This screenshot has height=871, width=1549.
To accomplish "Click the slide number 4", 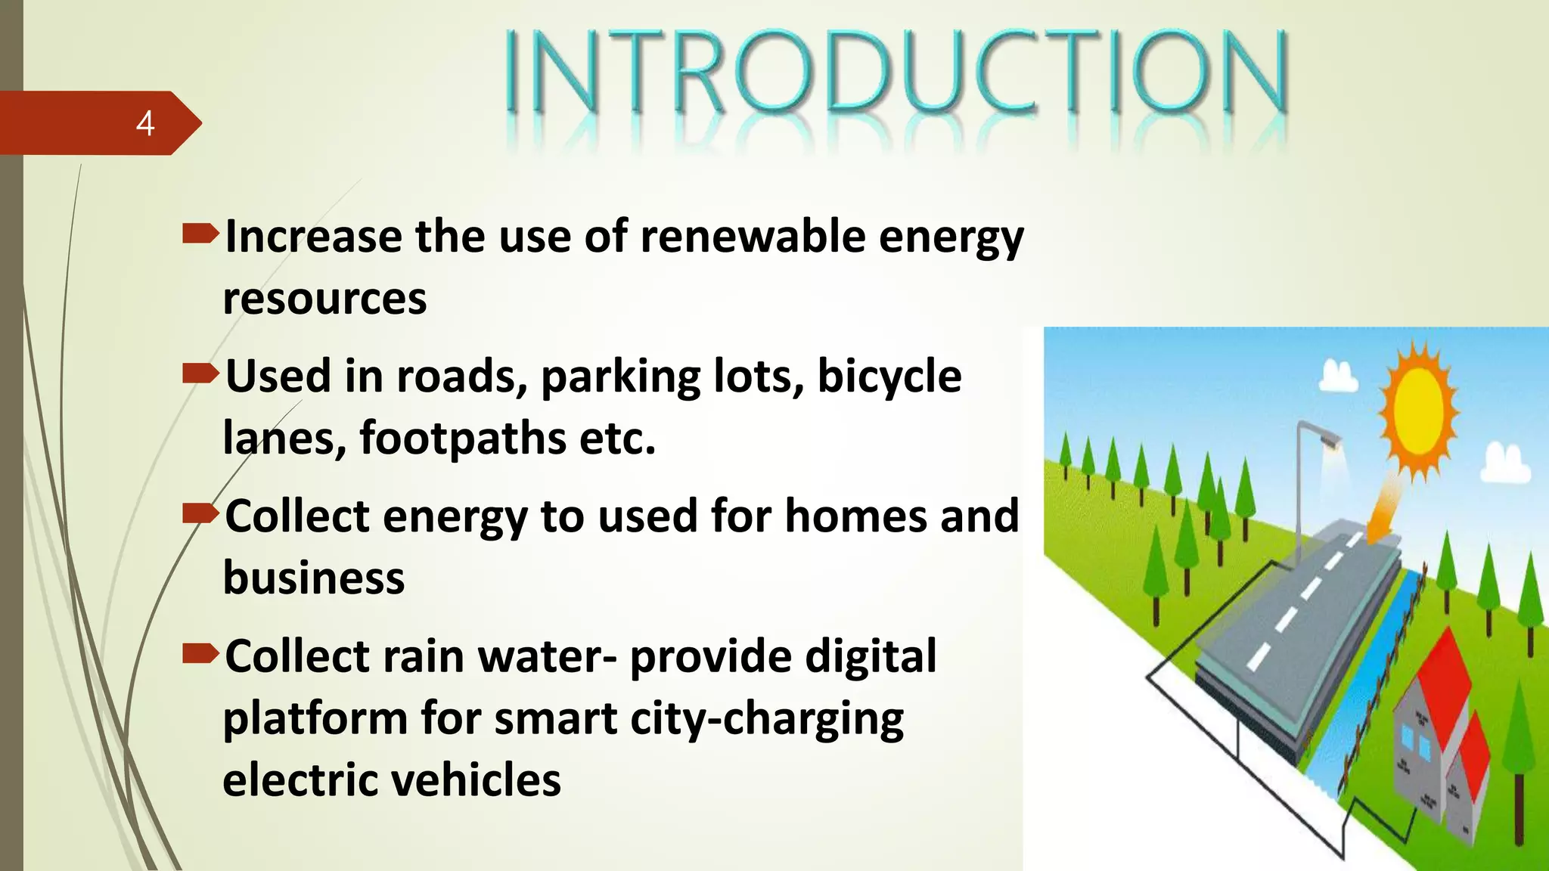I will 145,123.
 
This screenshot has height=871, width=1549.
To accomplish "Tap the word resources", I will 324,299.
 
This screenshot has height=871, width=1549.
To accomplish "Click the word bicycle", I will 889,376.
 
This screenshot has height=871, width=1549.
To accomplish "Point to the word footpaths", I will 462,438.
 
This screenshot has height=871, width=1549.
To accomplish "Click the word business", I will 313,578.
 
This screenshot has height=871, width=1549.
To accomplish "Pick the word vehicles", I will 473,780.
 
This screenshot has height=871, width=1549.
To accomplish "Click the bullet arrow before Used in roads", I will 200,373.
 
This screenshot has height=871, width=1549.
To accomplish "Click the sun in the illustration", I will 1418,412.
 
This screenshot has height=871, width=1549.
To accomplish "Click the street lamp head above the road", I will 1327,438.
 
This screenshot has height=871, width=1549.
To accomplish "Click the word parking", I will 620,377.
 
